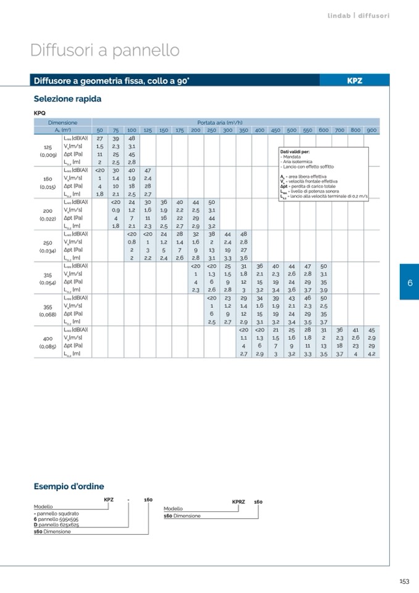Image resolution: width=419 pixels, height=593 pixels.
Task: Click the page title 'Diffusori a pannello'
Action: coord(105,50)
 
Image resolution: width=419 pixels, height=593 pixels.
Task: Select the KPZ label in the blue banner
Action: coord(354,80)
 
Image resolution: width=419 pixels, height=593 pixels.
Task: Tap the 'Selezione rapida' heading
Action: coord(67,99)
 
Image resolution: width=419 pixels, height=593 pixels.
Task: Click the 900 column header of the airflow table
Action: coord(371,130)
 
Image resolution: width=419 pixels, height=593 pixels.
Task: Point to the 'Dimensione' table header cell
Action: coord(62,122)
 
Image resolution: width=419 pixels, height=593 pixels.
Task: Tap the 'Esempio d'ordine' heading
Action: coord(69,487)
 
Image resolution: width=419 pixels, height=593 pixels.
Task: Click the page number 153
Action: coord(404,581)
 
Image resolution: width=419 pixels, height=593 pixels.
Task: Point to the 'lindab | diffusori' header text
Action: coord(358,15)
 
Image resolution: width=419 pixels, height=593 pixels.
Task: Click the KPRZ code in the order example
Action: coord(239,501)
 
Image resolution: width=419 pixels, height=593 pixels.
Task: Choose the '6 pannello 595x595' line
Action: coord(56,519)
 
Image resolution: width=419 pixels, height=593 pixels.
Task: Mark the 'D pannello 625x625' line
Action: coord(56,524)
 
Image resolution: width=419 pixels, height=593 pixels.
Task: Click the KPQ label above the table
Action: coord(40,113)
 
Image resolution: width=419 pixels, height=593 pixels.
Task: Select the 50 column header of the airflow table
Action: coord(99,130)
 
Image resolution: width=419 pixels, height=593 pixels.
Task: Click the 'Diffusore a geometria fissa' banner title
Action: coord(111,80)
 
